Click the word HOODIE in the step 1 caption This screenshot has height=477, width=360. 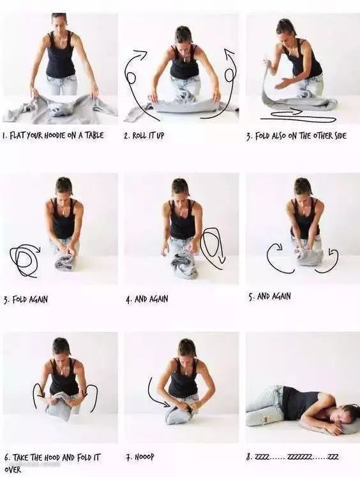tap(55, 135)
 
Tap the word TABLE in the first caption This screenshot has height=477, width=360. tap(94, 135)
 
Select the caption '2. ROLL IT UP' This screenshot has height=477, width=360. tap(144, 135)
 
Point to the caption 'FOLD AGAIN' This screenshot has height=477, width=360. tap(30, 299)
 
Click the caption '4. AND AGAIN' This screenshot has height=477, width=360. tap(147, 299)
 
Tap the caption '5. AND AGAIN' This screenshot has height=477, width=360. tap(270, 296)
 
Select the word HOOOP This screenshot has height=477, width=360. tap(144, 457)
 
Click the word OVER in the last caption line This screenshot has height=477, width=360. tap(13, 470)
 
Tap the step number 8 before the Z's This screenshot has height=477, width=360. tap(249, 457)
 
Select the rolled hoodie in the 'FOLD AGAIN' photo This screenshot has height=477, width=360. tap(64, 263)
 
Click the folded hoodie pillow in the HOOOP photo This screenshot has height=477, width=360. tap(178, 415)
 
